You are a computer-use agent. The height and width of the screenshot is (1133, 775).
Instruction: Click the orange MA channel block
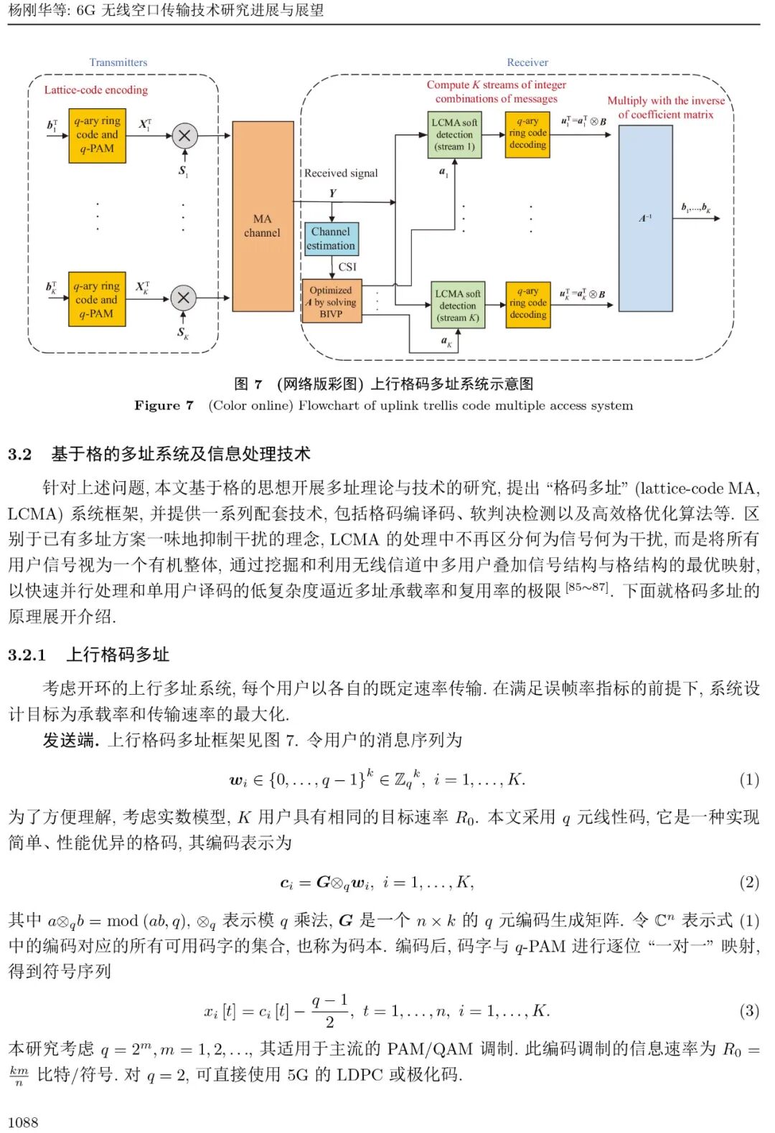(x=263, y=216)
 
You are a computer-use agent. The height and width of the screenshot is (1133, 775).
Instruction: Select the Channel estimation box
(x=331, y=239)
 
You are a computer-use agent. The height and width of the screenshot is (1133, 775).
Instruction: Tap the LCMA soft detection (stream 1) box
(x=454, y=135)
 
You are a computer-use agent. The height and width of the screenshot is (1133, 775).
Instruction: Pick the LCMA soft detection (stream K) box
(x=458, y=305)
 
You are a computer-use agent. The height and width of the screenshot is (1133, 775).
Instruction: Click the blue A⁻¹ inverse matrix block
(x=645, y=217)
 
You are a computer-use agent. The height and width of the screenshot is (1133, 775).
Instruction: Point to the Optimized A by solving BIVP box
(x=331, y=302)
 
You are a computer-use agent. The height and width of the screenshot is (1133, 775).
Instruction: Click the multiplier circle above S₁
(x=184, y=136)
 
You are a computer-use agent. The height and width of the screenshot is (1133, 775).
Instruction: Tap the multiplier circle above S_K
(x=184, y=298)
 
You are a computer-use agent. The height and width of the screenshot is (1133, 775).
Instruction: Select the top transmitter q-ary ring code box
(x=97, y=136)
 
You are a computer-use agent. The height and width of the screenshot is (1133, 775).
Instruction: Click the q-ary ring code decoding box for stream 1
(x=528, y=133)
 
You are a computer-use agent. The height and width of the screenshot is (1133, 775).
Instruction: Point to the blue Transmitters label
(x=118, y=62)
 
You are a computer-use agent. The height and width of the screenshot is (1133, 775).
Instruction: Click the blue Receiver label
(x=527, y=62)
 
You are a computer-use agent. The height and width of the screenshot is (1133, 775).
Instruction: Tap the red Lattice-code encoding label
(x=96, y=90)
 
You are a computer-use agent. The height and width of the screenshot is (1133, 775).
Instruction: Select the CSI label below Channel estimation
(x=347, y=267)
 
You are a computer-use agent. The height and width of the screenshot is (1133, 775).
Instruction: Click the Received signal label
(x=341, y=173)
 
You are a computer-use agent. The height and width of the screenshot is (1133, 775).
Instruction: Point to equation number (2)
(x=749, y=882)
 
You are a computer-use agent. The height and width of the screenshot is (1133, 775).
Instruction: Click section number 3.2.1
(x=27, y=655)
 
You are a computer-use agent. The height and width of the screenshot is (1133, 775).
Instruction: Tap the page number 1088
(x=23, y=1122)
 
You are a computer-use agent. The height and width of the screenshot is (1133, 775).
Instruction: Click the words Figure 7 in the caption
(x=164, y=406)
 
